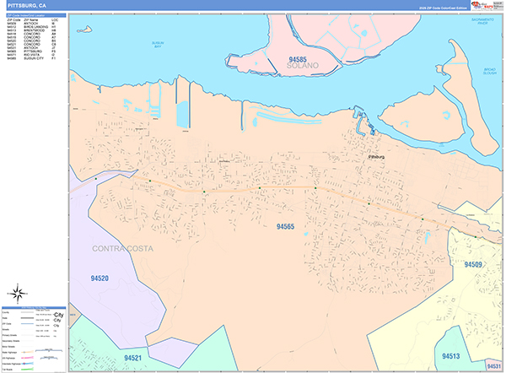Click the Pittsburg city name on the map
(375, 156)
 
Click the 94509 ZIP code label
(474, 264)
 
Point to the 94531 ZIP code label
(493, 364)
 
